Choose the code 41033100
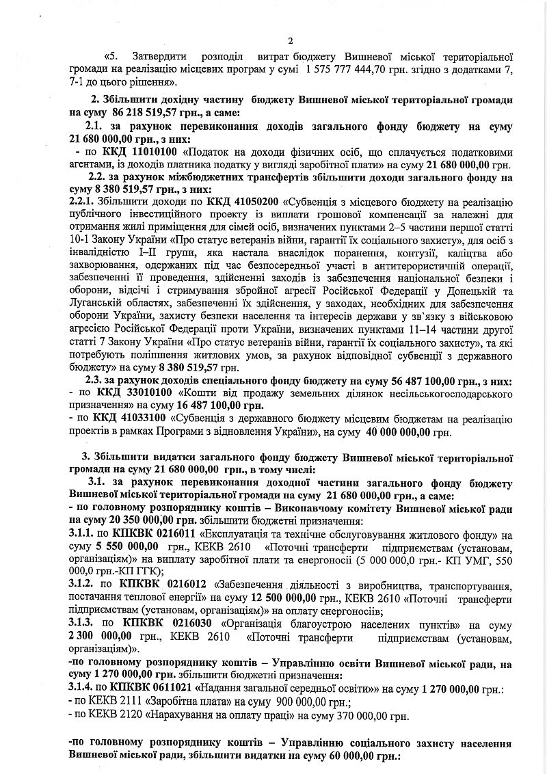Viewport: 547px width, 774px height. point(144,420)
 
